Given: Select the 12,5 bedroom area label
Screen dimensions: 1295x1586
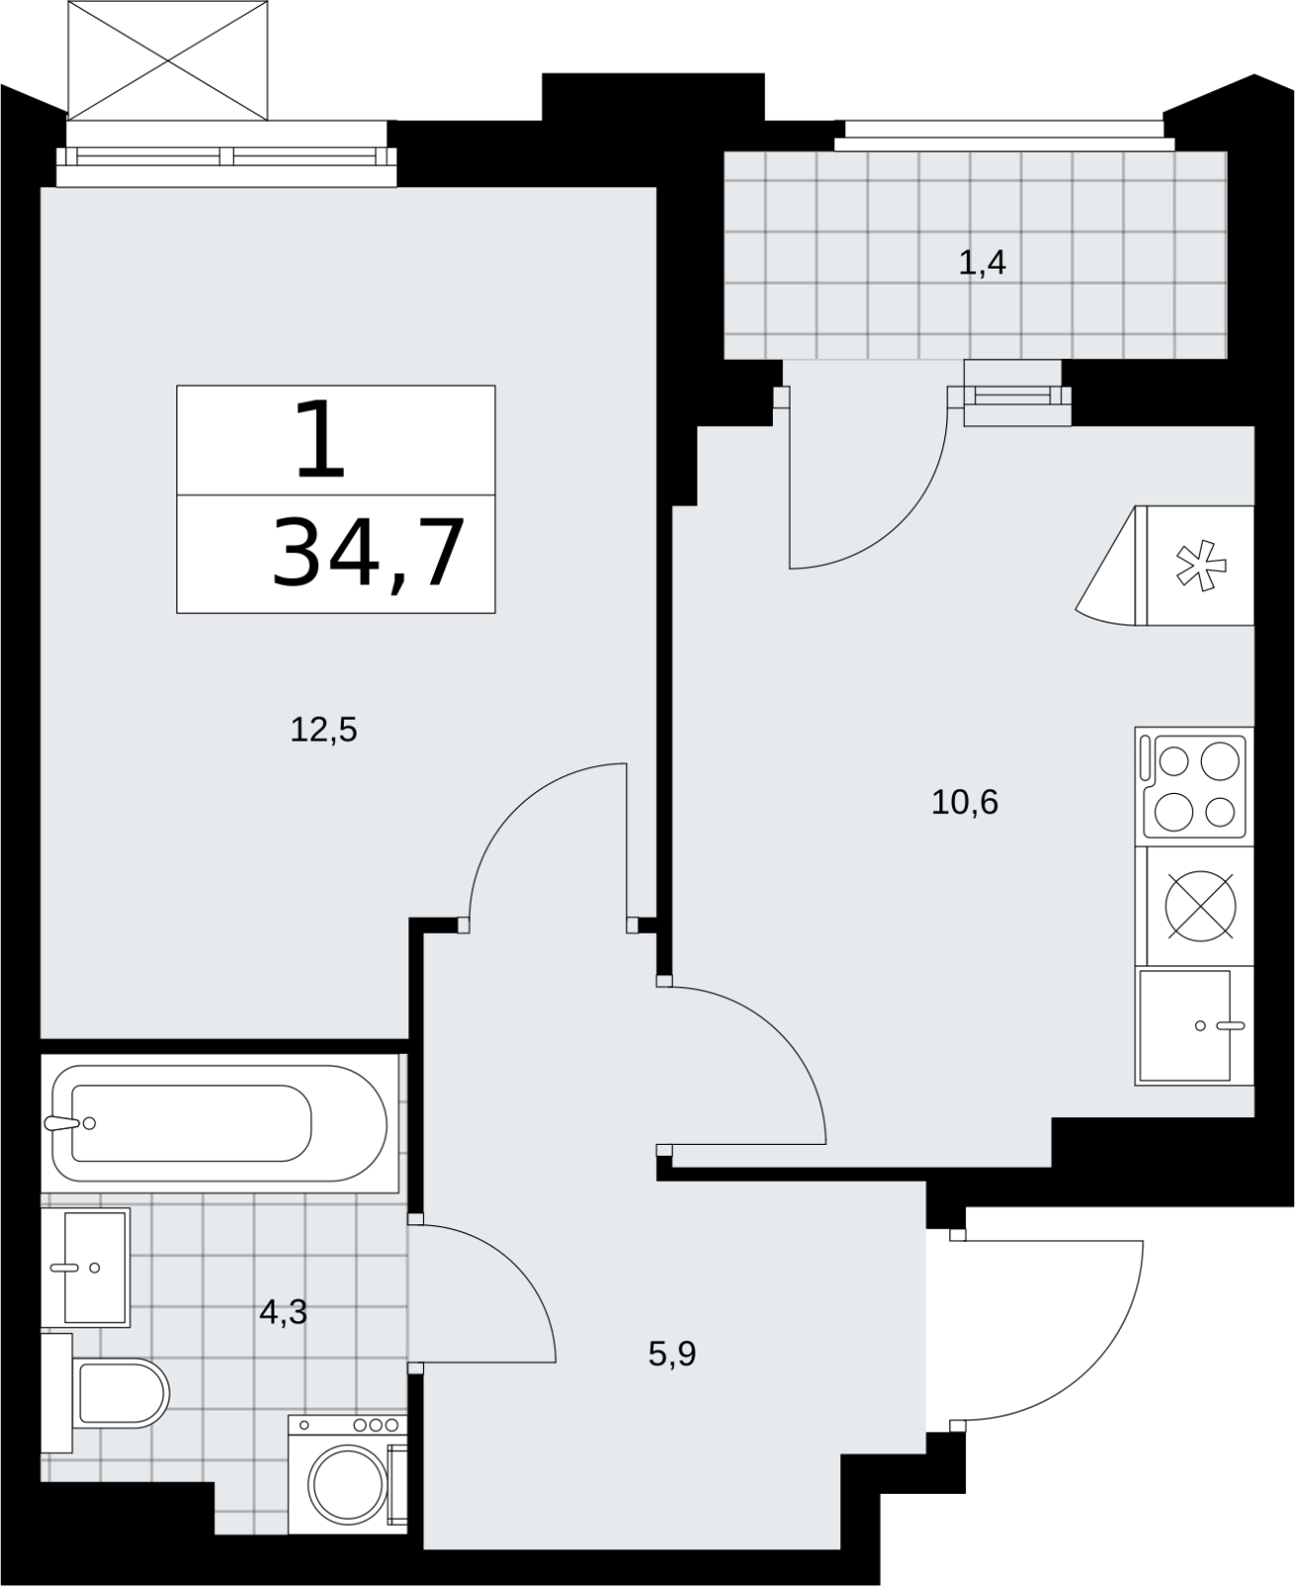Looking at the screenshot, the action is pos(323,730).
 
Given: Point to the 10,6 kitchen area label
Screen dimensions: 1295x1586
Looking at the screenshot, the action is pos(964,802).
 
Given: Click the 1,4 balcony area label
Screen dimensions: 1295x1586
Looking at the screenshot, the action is pos(982,263).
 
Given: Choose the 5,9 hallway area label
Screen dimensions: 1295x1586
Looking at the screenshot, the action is pos(672,1354).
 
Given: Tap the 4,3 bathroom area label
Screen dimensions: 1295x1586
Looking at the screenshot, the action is pos(283,1312).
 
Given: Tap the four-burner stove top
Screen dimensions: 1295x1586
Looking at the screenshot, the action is pos(1194,787).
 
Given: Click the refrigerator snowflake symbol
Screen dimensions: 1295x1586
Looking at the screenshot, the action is pos(1200,566).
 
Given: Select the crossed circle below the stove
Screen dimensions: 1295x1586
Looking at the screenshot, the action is pos(1200,905).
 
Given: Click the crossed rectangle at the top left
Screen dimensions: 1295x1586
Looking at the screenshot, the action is pos(166,60).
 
